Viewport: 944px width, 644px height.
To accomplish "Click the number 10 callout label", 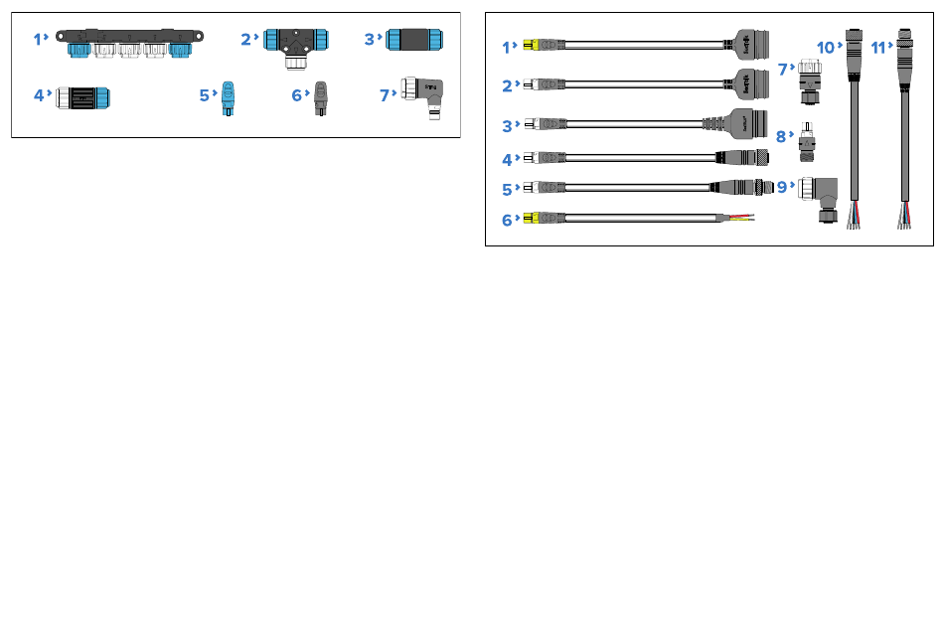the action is pos(826,48).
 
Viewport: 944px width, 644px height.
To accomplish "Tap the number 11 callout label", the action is pos(878,48).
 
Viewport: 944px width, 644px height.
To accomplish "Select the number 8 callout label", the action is pos(781,136).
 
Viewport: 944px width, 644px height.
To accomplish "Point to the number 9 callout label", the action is pos(781,187).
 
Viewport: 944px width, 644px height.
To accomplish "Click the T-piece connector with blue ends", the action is pos(295,48).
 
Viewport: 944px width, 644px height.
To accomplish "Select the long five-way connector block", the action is pos(129,44).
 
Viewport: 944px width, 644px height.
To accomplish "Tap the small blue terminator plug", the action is pos(228,98).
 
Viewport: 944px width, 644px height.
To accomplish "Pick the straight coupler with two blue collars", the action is pos(414,40).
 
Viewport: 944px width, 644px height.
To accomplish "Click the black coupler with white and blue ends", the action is pos(82,97).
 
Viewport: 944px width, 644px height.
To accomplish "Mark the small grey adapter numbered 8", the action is pos(807,143).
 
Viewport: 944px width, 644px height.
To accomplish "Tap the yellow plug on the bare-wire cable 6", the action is pos(531,218).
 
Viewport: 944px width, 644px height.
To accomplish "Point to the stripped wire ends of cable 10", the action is pos(855,216).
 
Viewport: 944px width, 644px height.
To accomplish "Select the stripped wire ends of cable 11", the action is pos(905,216).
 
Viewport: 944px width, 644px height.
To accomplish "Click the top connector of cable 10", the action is pos(854,55).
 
